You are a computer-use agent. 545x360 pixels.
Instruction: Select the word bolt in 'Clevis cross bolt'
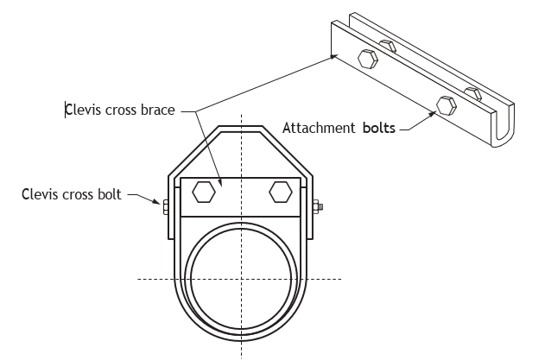point(110,194)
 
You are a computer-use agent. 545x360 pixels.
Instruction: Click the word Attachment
point(319,128)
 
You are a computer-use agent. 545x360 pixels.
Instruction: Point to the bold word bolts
point(379,128)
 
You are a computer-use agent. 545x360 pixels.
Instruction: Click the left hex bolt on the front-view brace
point(204,192)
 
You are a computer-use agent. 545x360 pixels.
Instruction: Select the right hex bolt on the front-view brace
point(281,192)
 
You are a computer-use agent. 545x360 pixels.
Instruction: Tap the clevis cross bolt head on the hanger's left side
point(166,206)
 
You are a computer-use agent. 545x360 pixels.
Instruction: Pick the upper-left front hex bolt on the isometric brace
point(368,59)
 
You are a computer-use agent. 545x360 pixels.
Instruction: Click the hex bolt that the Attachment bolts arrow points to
point(447,105)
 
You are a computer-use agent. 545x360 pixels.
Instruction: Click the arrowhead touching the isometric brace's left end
point(333,56)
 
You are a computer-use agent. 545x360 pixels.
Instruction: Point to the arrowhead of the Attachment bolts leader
point(433,114)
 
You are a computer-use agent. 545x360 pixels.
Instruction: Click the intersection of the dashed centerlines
point(242,279)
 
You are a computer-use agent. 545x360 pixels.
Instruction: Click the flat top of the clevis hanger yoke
point(240,129)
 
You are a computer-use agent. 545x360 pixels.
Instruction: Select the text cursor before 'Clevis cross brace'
point(66,110)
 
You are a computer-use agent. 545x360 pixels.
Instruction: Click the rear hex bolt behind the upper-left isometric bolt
point(388,46)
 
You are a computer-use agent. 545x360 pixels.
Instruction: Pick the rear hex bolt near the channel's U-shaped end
point(473,93)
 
